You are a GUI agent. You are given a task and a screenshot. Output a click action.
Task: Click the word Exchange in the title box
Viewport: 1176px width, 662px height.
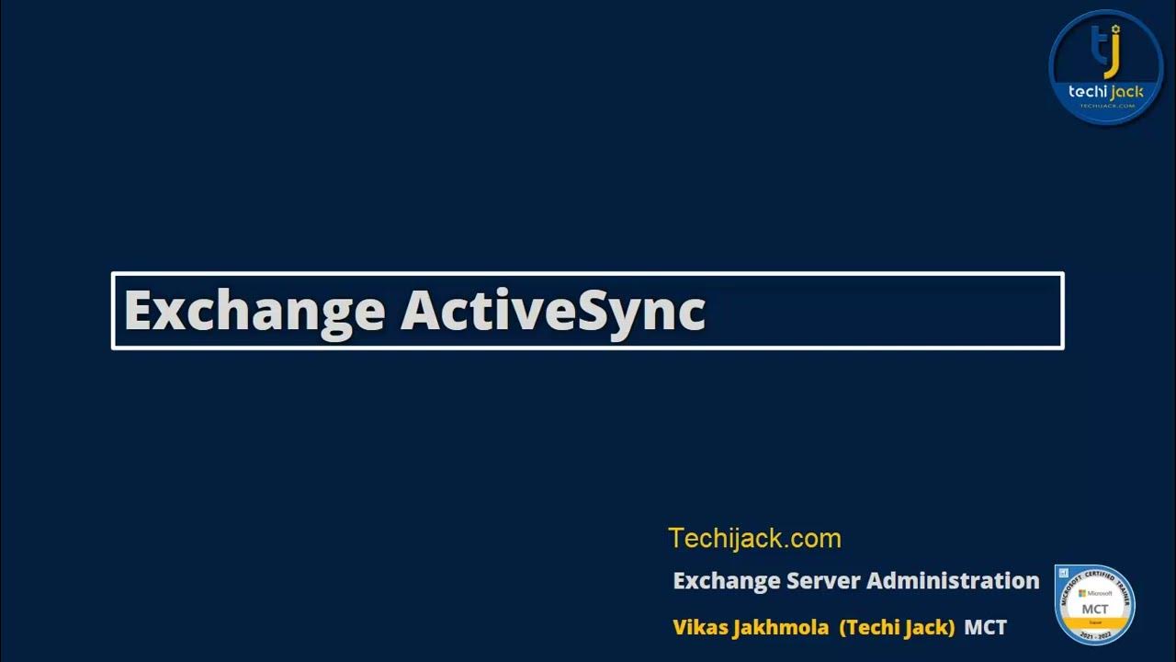[x=254, y=311]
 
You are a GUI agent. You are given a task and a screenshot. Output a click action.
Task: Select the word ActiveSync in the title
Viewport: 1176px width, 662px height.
[x=553, y=311]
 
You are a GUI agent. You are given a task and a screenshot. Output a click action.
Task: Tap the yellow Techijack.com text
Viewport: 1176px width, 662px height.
[x=754, y=538]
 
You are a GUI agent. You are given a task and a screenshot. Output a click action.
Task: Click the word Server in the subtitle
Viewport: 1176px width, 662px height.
[x=823, y=581]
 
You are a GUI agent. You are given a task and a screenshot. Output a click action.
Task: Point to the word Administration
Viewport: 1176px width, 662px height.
[x=953, y=581]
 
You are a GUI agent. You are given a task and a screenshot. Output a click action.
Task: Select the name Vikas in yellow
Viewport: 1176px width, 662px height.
[x=702, y=628]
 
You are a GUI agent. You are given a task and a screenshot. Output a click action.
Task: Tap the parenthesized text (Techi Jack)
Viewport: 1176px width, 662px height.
[x=897, y=628]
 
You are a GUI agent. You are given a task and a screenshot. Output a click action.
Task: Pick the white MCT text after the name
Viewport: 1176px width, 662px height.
[x=986, y=628]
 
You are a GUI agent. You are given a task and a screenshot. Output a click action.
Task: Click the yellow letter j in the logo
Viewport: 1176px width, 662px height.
[x=1114, y=53]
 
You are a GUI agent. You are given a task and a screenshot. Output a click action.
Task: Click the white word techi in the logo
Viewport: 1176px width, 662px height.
[x=1088, y=92]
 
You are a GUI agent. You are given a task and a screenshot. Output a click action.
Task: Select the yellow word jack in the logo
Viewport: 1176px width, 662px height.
[x=1127, y=92]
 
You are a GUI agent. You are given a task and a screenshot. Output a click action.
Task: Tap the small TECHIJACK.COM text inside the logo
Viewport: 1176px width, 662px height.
[x=1107, y=106]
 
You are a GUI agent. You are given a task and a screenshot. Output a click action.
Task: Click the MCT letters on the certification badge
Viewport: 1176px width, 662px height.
[x=1094, y=609]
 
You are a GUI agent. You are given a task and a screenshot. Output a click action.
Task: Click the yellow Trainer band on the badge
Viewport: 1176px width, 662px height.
[x=1094, y=622]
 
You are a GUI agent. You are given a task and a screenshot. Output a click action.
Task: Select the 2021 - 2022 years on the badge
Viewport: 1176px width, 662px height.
[x=1094, y=635]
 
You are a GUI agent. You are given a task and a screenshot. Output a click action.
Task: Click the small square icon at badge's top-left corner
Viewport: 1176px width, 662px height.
[x=1063, y=573]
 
